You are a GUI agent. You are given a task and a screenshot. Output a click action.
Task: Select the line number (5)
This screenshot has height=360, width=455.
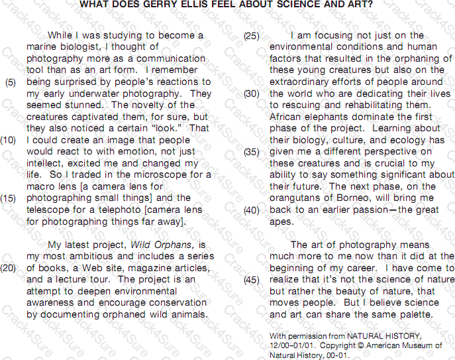[x=11, y=82]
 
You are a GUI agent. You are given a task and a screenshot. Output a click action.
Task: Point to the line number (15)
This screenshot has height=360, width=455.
[x=9, y=198]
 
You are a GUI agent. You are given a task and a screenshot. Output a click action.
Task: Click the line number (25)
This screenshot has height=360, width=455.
[x=252, y=36]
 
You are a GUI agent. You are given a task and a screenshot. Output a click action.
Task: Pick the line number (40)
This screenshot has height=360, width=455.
[x=252, y=210]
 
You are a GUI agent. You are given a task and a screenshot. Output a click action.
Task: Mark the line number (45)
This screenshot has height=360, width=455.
[x=252, y=280]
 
